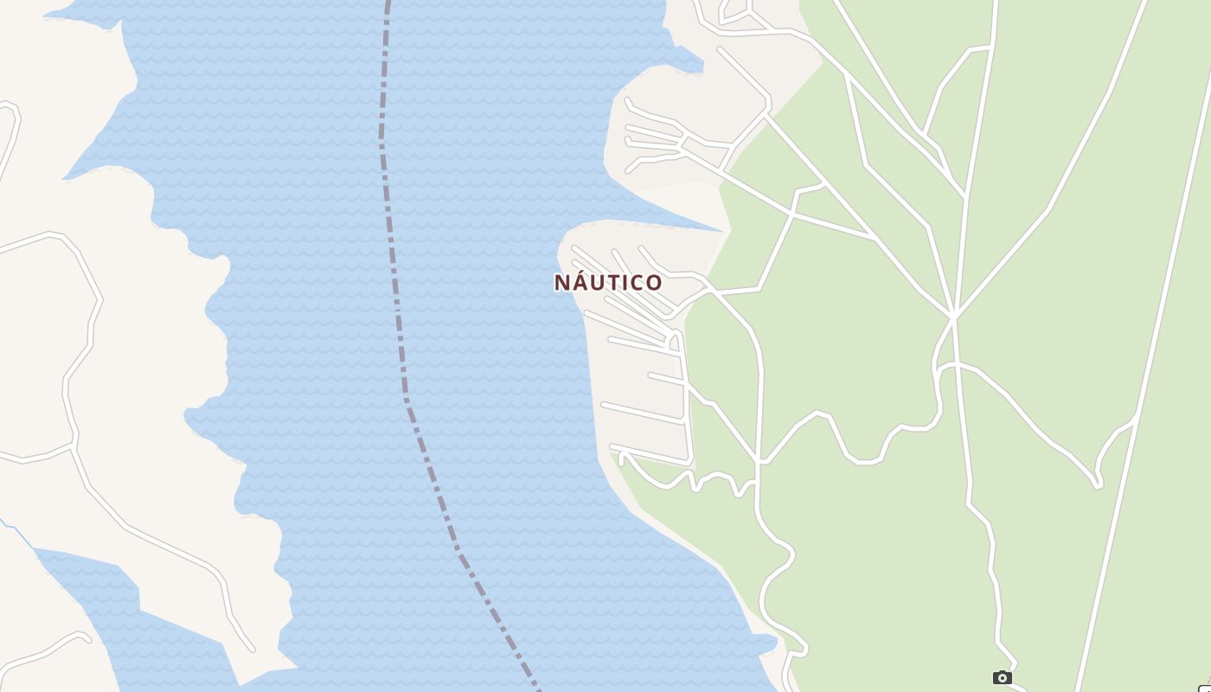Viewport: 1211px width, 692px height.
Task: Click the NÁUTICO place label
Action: coord(608,283)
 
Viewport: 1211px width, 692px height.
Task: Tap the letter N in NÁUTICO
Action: coord(563,283)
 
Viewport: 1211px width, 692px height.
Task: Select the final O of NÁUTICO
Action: coord(654,283)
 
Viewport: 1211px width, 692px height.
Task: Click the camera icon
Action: coord(1002,677)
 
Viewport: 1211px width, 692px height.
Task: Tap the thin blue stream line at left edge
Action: coord(17,533)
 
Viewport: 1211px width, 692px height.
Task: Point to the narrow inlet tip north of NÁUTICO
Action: coord(721,230)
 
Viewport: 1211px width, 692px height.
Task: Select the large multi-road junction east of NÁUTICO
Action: coord(953,317)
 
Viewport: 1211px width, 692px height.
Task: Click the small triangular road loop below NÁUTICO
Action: coord(673,341)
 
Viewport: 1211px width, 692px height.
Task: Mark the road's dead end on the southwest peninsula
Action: coord(253,650)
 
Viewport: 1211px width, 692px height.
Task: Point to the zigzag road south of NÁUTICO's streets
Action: coord(692,477)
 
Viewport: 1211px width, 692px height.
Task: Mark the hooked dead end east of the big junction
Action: coord(1099,485)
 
